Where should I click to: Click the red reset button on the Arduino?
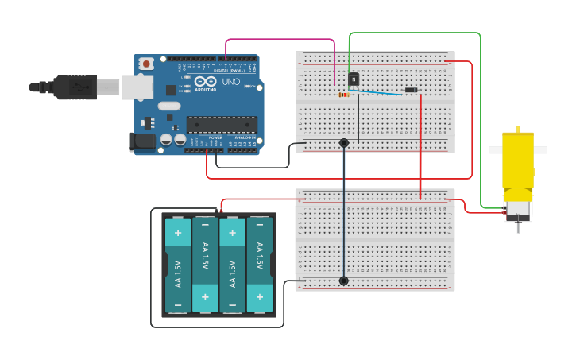(146, 64)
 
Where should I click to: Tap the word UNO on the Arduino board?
(230, 82)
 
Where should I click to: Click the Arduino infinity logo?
(205, 82)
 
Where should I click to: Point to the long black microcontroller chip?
(222, 124)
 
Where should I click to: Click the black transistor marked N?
(354, 79)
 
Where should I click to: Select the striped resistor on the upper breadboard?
(343, 95)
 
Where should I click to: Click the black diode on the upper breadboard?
(411, 90)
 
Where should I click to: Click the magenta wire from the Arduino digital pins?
(278, 39)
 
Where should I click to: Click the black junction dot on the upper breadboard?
(344, 143)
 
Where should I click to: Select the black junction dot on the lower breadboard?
(344, 281)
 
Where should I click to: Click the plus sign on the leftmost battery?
(177, 234)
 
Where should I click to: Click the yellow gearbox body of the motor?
(518, 163)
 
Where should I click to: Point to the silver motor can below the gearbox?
(518, 210)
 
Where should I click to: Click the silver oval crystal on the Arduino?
(169, 106)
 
